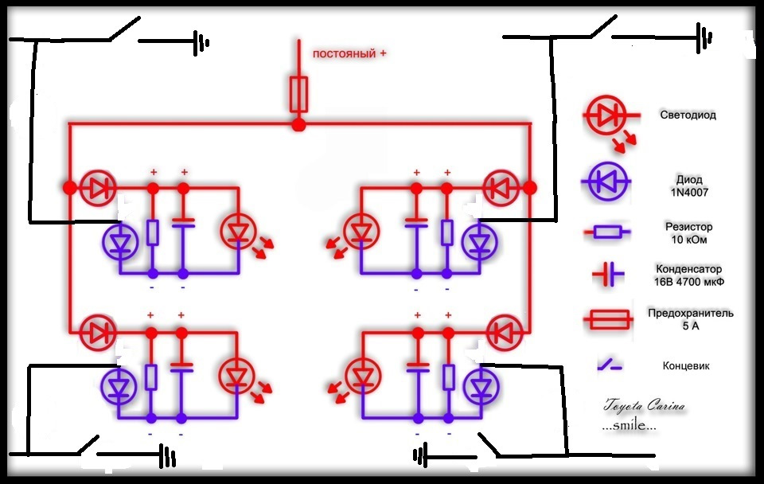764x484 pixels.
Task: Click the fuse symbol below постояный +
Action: [x=298, y=95]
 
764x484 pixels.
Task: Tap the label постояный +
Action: [x=349, y=53]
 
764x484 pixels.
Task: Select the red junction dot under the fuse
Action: [x=298, y=125]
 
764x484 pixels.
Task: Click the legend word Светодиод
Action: [x=688, y=115]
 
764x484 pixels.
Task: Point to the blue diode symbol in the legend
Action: [x=606, y=181]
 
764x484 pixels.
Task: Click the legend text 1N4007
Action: [x=689, y=193]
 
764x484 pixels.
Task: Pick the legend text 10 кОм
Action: [x=689, y=240]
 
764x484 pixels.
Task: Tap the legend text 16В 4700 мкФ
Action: [x=689, y=282]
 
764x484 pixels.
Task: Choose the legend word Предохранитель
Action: [x=691, y=313]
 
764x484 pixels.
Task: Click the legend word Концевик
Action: [x=686, y=365]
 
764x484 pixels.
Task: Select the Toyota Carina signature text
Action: [x=644, y=405]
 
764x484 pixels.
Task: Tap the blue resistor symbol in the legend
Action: [x=607, y=232]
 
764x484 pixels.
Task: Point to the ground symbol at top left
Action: [x=201, y=43]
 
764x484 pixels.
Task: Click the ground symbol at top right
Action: [x=704, y=37]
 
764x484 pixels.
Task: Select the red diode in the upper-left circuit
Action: [x=98, y=188]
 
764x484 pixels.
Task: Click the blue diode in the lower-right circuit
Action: [x=481, y=387]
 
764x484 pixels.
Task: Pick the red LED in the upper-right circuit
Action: [x=361, y=231]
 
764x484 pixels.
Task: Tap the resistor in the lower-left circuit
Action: [x=151, y=377]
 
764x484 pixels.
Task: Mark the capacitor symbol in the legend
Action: [x=607, y=275]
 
